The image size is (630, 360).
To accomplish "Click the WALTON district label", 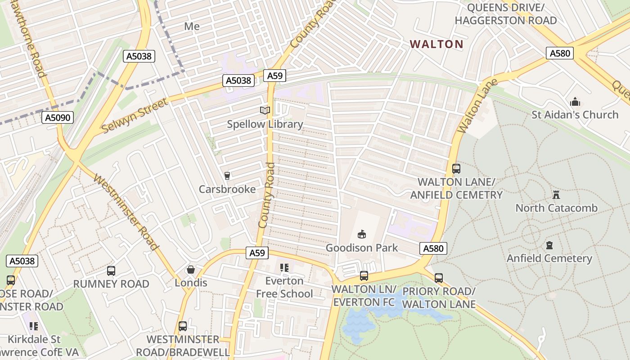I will (436, 44).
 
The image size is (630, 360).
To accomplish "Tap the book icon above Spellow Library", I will (265, 110).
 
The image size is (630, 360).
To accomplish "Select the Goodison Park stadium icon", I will (361, 234).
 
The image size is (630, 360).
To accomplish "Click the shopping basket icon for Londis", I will (191, 270).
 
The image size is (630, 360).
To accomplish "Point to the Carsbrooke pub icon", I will (227, 175).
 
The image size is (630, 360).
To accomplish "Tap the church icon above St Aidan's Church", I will (575, 102).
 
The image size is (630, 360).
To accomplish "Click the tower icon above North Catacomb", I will (556, 195).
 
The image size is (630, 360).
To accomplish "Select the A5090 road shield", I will (58, 118).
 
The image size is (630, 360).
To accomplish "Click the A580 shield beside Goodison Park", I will (433, 248).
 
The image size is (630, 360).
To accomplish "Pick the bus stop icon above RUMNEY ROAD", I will (111, 271).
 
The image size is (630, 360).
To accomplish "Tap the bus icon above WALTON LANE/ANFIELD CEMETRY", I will (456, 169).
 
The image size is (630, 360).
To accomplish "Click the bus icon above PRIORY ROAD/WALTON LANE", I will (439, 278).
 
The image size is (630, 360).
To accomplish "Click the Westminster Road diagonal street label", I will (126, 212).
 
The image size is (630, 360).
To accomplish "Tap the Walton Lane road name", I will (477, 106).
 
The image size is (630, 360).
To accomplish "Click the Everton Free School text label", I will (284, 287).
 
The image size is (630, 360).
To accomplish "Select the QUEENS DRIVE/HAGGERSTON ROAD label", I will (505, 14).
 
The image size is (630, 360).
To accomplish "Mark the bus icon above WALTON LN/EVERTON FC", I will (364, 276).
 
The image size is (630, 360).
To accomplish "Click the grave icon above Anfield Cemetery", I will (549, 245).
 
